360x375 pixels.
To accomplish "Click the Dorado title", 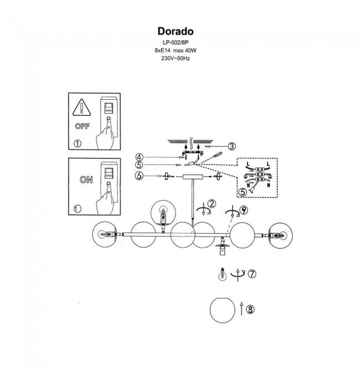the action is pos(176,32).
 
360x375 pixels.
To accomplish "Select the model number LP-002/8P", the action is pos(176,43).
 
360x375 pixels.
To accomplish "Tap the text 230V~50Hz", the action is pos(176,58).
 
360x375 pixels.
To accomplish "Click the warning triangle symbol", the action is pos(81,107).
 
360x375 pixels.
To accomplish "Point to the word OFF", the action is pos(82,126).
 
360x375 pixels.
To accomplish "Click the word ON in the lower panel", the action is pos(86,179).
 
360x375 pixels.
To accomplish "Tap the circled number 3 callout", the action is pos(232,146).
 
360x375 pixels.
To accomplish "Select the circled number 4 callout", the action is pos(139,157).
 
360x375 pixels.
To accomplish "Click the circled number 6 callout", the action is pos(139,176).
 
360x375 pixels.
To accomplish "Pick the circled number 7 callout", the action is pos(252,274).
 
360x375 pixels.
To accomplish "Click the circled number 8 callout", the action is pos(250,310).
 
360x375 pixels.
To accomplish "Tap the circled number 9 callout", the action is pos(244,210).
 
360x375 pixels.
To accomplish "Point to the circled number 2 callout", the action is pos(212,203).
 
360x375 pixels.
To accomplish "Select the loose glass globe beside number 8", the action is pos(223,310).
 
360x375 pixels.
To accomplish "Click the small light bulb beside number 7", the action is pos(223,274).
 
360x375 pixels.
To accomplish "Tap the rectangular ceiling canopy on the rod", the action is pos(193,177).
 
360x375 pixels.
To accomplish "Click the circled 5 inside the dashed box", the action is pos(243,192).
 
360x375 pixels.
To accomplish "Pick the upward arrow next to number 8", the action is pos(241,309).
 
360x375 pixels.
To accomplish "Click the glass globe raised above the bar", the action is pos(163,213).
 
